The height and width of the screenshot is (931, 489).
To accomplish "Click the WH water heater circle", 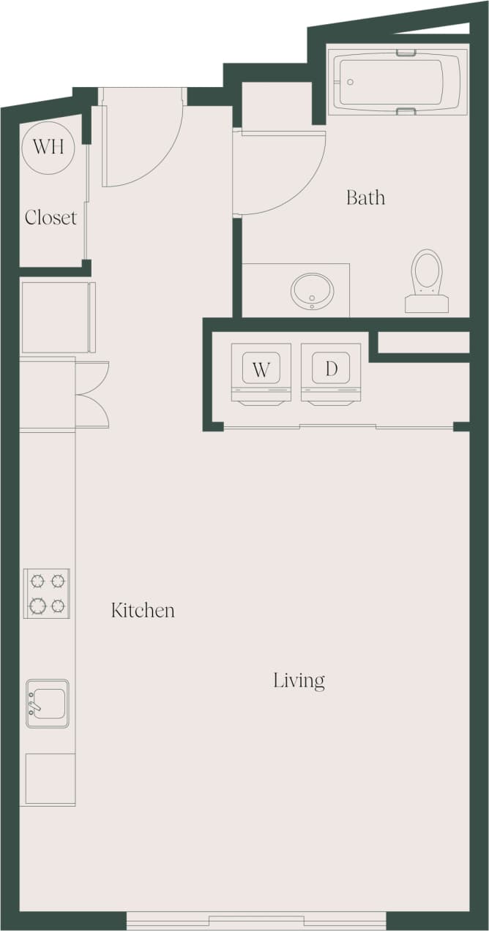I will pos(48,146).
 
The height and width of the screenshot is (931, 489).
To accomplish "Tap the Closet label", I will pos(51,217).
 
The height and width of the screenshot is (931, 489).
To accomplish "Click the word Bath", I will pos(365,197).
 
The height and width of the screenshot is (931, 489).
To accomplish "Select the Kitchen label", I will pos(143,610).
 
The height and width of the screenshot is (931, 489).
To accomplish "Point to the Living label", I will pos(299,680).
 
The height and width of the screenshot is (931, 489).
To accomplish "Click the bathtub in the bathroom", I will pos(397,81).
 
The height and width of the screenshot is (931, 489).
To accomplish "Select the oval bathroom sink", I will pos(313,290).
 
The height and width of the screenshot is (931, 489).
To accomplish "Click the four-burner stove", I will pos(47,593).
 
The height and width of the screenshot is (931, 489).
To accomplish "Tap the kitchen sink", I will pos(48,703).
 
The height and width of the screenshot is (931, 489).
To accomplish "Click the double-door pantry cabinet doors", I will pos(94,395).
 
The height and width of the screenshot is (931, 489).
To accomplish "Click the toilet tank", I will pos(427,304).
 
